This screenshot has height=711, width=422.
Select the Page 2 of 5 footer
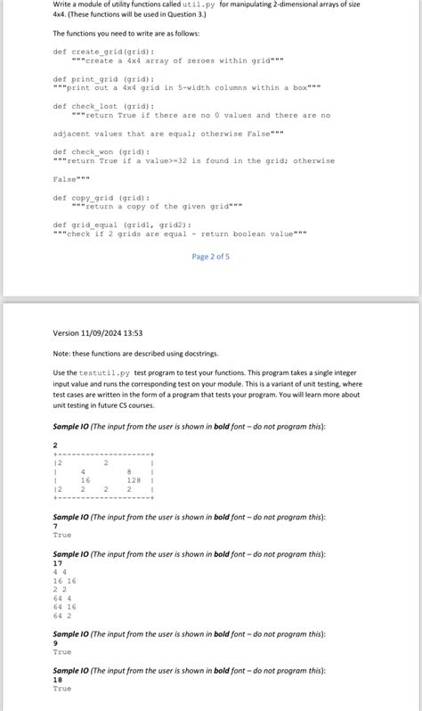211,257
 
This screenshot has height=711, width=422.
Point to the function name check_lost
93,106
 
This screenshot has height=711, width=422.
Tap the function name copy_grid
93,198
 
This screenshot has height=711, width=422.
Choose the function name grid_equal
95,225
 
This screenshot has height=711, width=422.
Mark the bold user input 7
55,527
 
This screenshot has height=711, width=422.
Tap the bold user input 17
58,563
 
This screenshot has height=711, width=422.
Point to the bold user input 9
55,642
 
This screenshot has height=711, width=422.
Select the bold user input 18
58,679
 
